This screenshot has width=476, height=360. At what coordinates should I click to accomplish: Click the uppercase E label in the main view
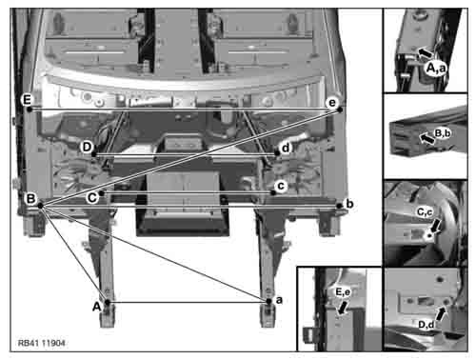(x=27, y=100)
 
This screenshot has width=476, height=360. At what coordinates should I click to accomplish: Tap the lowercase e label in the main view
(x=332, y=103)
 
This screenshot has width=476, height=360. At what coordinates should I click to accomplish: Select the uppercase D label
(x=87, y=147)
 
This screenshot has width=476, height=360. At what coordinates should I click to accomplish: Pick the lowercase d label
(x=286, y=148)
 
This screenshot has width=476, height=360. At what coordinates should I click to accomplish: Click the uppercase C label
(x=92, y=197)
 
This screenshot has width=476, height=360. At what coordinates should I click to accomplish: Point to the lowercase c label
(x=281, y=186)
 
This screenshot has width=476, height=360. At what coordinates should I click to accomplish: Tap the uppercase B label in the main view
(x=30, y=199)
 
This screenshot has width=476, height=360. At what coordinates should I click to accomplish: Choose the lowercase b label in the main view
(x=349, y=204)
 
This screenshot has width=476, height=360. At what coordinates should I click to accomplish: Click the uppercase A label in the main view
(x=97, y=307)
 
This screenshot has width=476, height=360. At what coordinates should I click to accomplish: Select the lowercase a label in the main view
(x=279, y=300)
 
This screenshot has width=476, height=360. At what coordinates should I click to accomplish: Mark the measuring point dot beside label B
(x=40, y=206)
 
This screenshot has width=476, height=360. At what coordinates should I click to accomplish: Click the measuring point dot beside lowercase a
(x=268, y=301)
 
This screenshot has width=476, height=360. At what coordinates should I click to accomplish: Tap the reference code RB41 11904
(x=42, y=343)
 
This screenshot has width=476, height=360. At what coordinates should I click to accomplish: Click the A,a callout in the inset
(x=436, y=68)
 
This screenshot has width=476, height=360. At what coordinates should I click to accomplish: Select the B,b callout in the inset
(x=443, y=133)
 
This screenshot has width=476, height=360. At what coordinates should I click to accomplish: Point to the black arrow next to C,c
(x=435, y=226)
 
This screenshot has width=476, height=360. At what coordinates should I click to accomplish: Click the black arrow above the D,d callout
(x=441, y=313)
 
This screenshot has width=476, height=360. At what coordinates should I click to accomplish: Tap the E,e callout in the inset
(x=343, y=292)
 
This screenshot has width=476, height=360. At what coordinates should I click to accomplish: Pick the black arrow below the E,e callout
(x=343, y=308)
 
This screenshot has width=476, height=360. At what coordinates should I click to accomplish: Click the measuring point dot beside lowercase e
(x=340, y=110)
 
